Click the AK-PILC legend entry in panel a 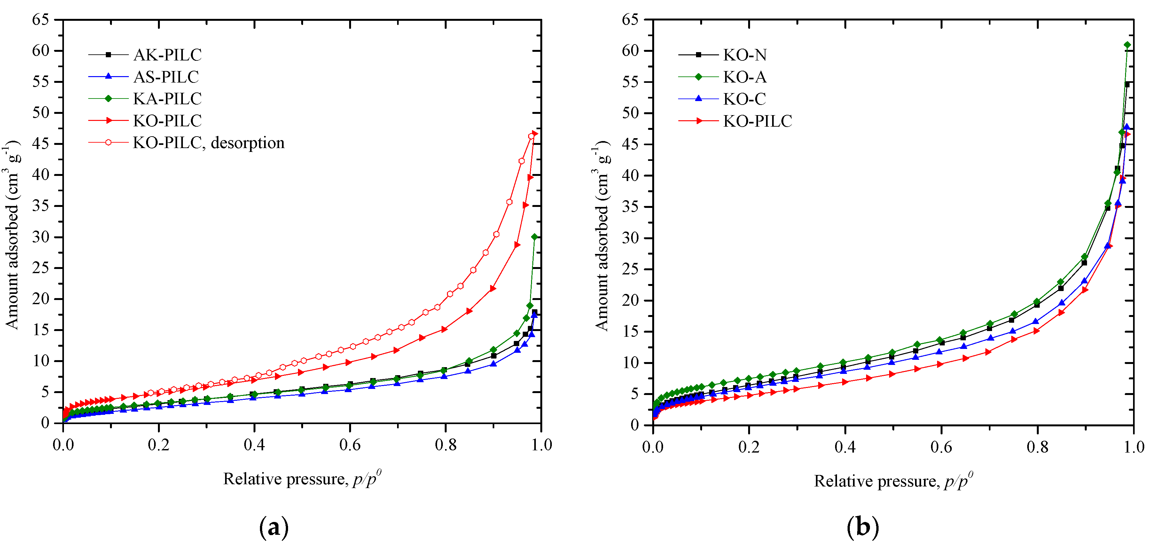[x=167, y=55]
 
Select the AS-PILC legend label [x=166, y=77]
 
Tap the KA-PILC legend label [x=167, y=99]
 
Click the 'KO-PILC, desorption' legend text [x=208, y=143]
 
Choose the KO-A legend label [x=744, y=77]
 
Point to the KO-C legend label [x=744, y=99]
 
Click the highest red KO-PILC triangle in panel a [x=535, y=134]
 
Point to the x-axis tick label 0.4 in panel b [x=845, y=447]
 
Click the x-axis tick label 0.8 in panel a [x=445, y=445]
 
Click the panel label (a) [x=274, y=527]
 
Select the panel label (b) [x=862, y=527]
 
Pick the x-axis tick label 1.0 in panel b [x=1134, y=447]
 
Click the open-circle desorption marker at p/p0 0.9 [x=496, y=234]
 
